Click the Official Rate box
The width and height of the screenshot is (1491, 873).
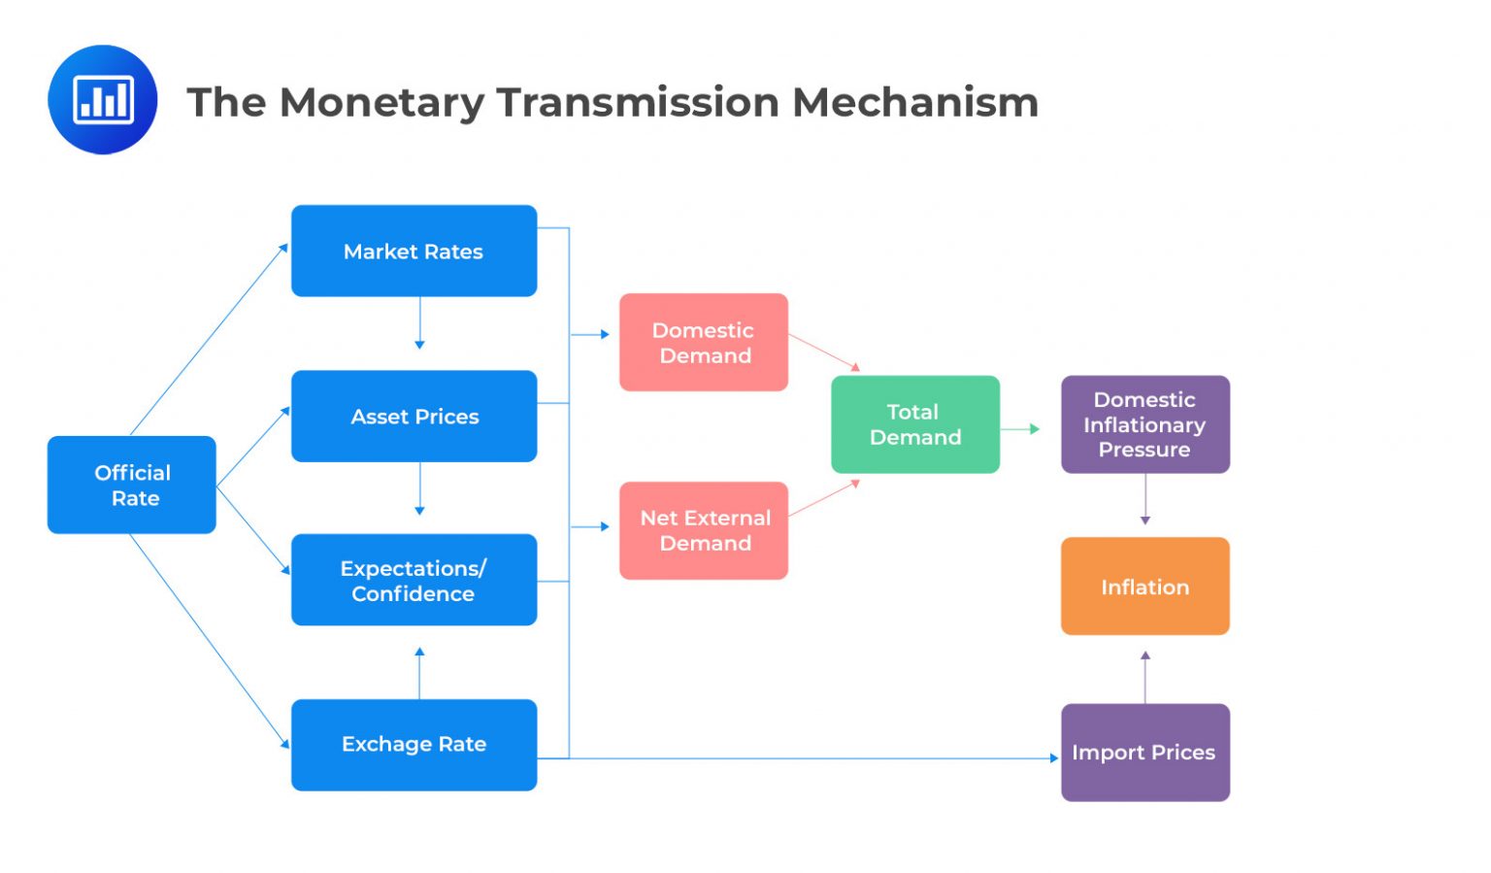(132, 485)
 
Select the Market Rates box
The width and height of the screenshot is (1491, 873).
(414, 251)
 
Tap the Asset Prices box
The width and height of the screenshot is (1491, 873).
(414, 416)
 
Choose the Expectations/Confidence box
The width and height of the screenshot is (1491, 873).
(414, 580)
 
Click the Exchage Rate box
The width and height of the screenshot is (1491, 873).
(414, 744)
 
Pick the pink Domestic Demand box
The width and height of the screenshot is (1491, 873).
(704, 342)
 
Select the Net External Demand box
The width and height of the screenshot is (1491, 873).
(704, 530)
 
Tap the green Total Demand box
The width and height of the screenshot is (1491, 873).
(914, 424)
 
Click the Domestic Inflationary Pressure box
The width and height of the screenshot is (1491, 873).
(1144, 424)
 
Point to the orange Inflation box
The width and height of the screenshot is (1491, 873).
(1144, 587)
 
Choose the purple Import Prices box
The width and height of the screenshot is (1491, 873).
(1144, 752)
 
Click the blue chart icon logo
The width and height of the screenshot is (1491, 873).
(103, 99)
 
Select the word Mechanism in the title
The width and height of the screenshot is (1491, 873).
(914, 103)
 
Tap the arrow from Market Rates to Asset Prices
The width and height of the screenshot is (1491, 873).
(419, 322)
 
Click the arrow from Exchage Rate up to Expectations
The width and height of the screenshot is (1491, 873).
(419, 673)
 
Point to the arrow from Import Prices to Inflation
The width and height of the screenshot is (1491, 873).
(1144, 677)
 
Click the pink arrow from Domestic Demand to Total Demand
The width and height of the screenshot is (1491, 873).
(823, 352)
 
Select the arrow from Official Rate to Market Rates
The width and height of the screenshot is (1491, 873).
(209, 340)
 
